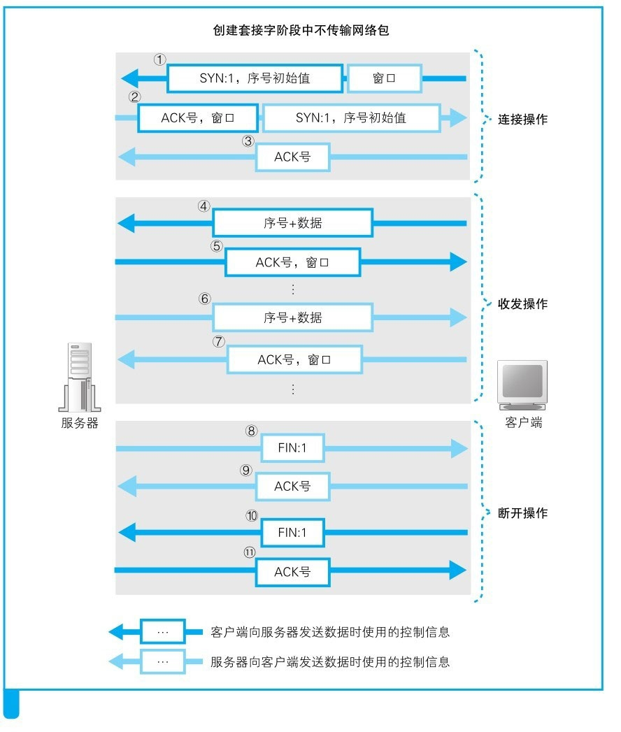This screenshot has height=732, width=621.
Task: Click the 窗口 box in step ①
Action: click(x=384, y=78)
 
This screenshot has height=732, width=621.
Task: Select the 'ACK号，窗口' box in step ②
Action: click(x=198, y=118)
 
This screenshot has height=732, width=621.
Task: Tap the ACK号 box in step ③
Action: click(x=292, y=157)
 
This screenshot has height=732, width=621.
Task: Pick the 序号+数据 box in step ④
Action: click(x=292, y=224)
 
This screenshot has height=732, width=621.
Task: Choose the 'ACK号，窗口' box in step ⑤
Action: click(x=292, y=263)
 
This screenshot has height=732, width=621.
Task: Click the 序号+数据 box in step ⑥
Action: click(x=292, y=317)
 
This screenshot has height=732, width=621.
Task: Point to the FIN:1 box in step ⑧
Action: click(x=292, y=448)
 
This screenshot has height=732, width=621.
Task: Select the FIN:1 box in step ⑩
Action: click(x=292, y=533)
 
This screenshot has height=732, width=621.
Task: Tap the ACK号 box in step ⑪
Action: click(x=292, y=572)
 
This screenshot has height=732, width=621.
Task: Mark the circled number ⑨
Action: click(x=245, y=471)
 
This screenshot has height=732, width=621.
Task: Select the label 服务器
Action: click(x=79, y=423)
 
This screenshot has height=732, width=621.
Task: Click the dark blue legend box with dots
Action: click(x=163, y=632)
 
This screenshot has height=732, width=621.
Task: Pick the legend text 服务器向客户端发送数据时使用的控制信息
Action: click(x=329, y=661)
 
